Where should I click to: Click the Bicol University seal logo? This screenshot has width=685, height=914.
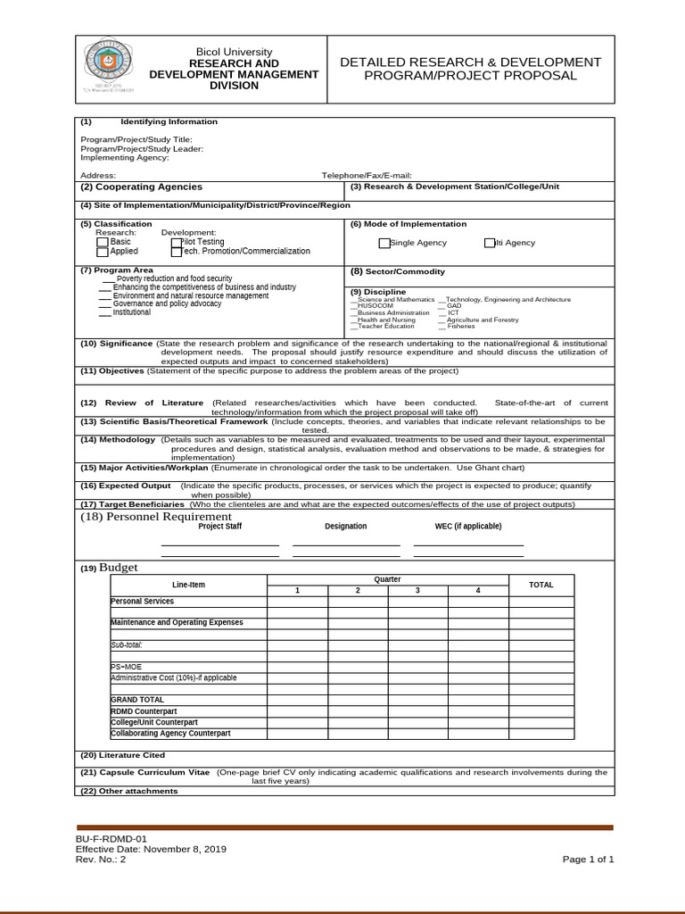click(x=110, y=67)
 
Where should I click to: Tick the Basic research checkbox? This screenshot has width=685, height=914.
click(x=103, y=242)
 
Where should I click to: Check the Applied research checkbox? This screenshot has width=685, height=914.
click(x=103, y=252)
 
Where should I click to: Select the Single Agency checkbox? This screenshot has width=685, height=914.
click(x=384, y=243)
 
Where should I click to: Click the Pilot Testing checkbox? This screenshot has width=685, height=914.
click(x=177, y=242)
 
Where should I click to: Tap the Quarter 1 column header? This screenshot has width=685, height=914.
click(x=298, y=590)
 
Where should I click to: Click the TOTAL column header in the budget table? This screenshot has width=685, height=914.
click(x=541, y=585)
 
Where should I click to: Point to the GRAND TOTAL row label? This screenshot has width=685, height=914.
click(x=137, y=700)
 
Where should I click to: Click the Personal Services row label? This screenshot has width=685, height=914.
click(x=143, y=602)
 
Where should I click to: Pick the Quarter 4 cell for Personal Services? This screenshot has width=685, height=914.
click(x=478, y=602)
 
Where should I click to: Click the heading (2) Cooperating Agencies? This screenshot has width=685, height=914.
click(x=141, y=187)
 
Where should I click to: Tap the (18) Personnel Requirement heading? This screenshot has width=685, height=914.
click(x=156, y=516)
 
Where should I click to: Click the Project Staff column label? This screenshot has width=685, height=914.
click(x=219, y=527)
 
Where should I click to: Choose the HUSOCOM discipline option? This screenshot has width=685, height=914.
click(x=379, y=306)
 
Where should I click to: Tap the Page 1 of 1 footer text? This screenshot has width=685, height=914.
click(x=588, y=860)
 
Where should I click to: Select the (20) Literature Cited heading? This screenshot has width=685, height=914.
click(x=122, y=755)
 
